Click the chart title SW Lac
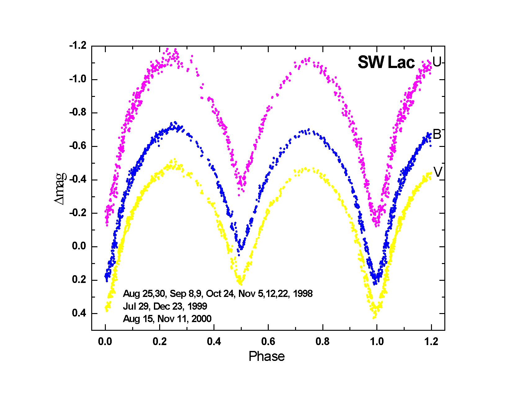click(386, 63)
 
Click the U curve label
click(437, 62)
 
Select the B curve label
click(437, 135)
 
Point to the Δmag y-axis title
click(61, 189)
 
